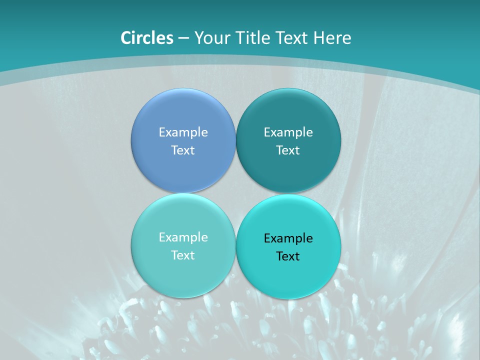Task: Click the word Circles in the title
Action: (x=146, y=38)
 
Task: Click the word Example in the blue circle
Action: (x=183, y=132)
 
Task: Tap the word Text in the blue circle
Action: (x=183, y=150)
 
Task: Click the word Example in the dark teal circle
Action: (x=288, y=132)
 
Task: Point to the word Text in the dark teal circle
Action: (x=288, y=150)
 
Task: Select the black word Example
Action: (x=288, y=238)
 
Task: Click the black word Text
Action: (x=288, y=256)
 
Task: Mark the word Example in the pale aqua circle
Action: (x=183, y=237)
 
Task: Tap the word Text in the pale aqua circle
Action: (x=183, y=255)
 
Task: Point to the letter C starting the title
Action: (x=125, y=38)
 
